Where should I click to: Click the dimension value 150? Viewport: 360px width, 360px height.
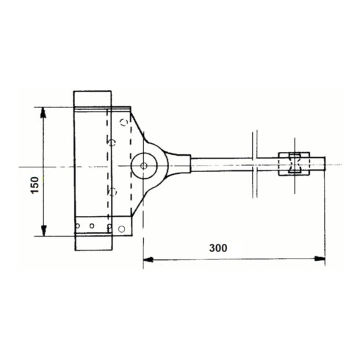(35, 185)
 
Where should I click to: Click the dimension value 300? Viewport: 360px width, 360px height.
(218, 248)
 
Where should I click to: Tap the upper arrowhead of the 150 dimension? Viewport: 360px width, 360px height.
(43, 113)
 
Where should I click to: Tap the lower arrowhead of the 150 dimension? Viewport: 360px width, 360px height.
(43, 231)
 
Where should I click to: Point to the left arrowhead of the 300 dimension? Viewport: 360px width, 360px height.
(148, 259)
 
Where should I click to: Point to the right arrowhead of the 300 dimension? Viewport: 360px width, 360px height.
(320, 259)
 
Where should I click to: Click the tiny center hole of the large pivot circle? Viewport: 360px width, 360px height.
(144, 166)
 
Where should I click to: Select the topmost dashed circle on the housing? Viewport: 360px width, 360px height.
(124, 122)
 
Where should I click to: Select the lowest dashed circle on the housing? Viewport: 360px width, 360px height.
(112, 192)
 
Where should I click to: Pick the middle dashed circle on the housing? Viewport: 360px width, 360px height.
(112, 143)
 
